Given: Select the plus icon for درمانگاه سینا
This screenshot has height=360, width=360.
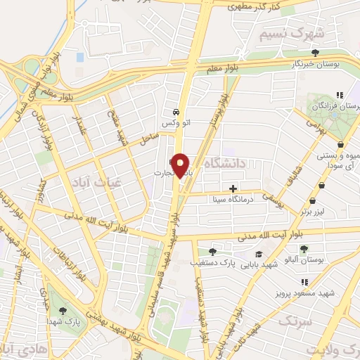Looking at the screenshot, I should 233,188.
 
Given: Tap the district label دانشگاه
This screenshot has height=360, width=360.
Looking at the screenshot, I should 224,163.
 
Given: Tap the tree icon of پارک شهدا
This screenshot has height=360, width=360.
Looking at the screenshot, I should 63,311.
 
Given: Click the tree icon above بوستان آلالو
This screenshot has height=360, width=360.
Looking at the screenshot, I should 304,250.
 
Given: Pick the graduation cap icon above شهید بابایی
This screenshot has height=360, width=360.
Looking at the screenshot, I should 259,255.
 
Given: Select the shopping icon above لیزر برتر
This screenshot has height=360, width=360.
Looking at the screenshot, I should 321,185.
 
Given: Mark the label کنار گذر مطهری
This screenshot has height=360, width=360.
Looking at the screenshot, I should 255,5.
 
